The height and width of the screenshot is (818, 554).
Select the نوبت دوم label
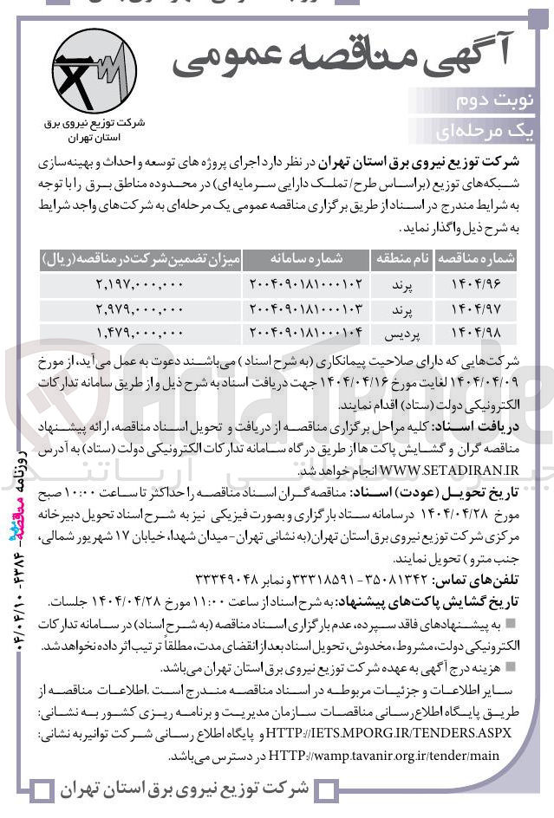(x=506, y=101)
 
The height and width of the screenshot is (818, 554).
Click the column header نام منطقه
(x=401, y=258)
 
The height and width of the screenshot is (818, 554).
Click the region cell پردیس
(x=401, y=332)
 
